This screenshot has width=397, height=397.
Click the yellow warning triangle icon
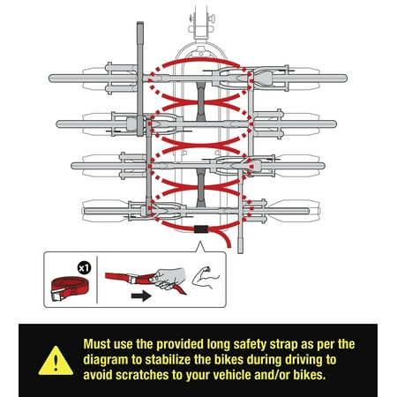click(x=56, y=362)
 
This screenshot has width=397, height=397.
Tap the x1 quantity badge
click(x=84, y=268)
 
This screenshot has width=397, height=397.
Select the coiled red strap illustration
click(x=70, y=289)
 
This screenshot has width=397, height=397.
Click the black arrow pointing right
click(x=141, y=296)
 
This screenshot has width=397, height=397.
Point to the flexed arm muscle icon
click(x=206, y=277)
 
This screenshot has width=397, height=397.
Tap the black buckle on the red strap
click(x=201, y=229)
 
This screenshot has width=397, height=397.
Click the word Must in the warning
click(x=97, y=344)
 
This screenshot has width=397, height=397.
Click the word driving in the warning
click(x=301, y=360)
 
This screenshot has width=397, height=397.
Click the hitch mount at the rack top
click(x=201, y=25)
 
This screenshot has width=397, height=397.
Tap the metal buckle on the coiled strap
click(x=57, y=295)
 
